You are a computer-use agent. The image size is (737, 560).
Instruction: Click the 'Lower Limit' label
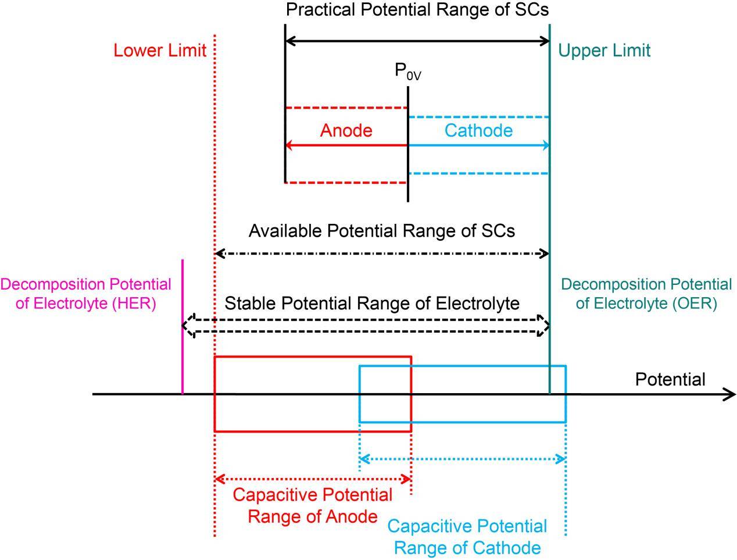(160, 51)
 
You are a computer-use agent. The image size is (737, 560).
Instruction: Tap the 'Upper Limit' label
(604, 51)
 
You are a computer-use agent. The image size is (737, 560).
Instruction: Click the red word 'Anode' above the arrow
(346, 130)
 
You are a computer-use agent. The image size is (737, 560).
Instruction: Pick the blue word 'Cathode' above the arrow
(478, 130)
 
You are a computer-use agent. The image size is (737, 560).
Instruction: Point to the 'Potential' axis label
(670, 380)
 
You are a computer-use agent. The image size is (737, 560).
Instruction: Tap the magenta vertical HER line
(183, 326)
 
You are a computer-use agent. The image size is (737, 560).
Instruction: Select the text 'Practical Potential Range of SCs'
(417, 10)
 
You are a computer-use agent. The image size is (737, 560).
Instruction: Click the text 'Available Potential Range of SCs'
(381, 231)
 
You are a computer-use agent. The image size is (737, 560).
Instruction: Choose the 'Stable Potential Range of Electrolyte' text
(371, 303)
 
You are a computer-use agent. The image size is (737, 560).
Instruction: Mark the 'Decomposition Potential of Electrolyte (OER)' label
(646, 294)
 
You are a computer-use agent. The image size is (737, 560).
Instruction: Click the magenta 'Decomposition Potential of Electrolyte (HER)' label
(86, 294)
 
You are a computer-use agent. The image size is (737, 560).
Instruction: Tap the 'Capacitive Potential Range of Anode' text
(312, 505)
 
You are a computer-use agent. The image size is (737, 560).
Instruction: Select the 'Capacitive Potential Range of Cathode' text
(467, 537)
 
